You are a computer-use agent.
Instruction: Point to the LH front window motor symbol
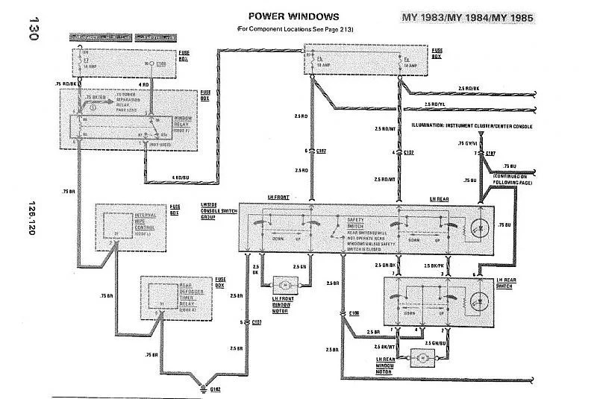[x=286, y=285]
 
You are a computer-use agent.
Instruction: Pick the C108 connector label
[x=354, y=314]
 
